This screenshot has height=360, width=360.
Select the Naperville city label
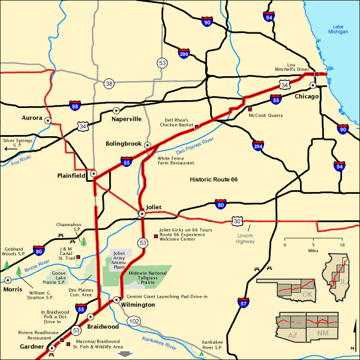pos(127,119)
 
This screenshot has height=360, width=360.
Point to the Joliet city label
pos(154,207)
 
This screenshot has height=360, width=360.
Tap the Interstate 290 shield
pos(184,53)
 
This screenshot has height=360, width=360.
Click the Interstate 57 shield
pos(242,304)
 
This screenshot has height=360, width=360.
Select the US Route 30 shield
pos(238,221)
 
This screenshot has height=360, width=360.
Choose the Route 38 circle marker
pos(109,83)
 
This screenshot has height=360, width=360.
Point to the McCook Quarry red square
pos(250,109)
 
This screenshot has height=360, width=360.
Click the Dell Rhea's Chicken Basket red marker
pos(196,127)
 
